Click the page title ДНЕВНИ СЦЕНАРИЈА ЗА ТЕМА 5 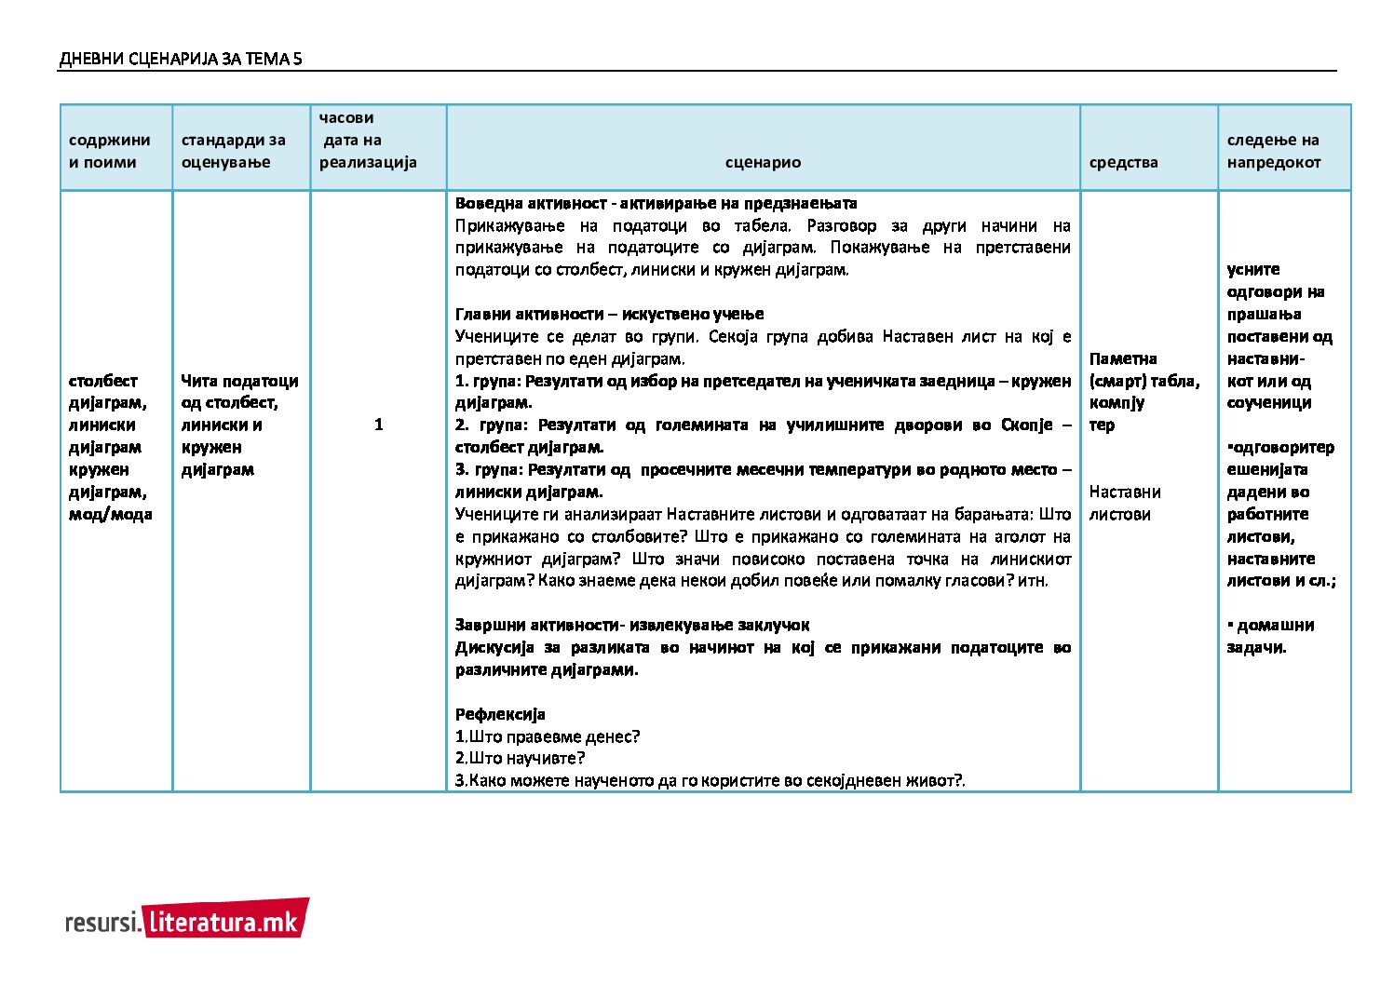click(180, 60)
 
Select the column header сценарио click(763, 162)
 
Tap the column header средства click(1123, 162)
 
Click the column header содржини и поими click(109, 151)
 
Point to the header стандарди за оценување click(233, 151)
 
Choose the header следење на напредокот click(1273, 151)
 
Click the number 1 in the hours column click(378, 425)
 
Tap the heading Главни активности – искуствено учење click(609, 314)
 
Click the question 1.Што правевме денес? click(548, 736)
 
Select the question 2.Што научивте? click(520, 758)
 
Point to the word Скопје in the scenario click(1026, 425)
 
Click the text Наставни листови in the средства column click(1124, 503)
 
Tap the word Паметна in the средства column click(1123, 358)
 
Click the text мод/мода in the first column click(110, 514)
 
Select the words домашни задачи click(1272, 636)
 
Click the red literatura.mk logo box click(225, 920)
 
